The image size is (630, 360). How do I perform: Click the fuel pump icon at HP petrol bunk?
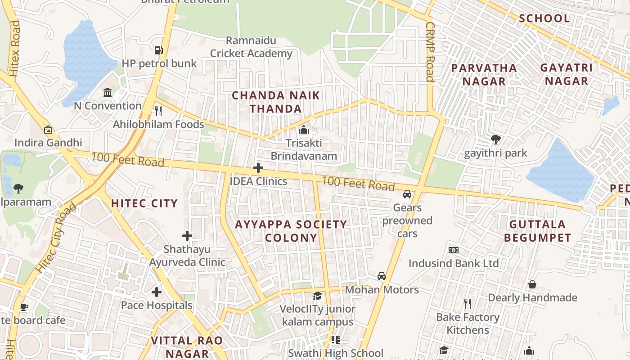[x=158, y=50]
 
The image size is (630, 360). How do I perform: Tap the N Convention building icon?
[x=108, y=93]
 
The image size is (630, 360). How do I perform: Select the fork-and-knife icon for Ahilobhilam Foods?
[x=158, y=111]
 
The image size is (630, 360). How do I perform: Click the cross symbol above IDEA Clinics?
[x=258, y=168]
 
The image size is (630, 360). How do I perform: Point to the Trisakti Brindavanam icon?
[x=304, y=130]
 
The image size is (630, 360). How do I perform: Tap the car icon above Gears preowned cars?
[x=407, y=194]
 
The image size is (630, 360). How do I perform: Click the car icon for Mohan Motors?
[x=382, y=276]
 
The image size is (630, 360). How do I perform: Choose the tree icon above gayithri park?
[x=495, y=139]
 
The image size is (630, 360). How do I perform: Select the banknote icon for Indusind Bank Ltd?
[x=453, y=250]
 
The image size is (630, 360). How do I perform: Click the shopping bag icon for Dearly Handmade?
[x=532, y=284]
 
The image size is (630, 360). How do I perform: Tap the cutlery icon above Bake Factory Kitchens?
[x=468, y=304]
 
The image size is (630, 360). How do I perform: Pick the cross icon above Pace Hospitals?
[x=156, y=292]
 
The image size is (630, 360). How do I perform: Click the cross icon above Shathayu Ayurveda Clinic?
[x=187, y=235]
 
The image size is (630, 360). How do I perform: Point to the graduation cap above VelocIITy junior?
[x=317, y=296]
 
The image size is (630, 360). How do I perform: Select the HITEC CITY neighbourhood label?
[x=144, y=203]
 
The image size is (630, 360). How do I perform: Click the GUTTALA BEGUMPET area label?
[x=537, y=231]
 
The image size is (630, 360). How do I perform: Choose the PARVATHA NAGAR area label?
[x=484, y=75]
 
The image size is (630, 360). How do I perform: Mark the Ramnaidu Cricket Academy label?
[x=251, y=47]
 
